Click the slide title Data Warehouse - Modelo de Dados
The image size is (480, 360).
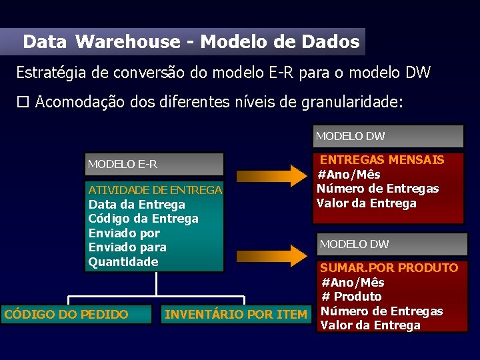[191, 42]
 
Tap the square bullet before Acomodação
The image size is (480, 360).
[23, 102]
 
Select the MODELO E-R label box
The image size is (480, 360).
[155, 164]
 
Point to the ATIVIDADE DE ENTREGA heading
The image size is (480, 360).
[155, 190]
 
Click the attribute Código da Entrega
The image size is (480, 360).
[143, 219]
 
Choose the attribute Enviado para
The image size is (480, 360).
[127, 247]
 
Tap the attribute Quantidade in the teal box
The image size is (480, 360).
[123, 261]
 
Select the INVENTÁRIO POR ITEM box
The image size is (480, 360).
[236, 314]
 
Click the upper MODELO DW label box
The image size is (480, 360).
[389, 136]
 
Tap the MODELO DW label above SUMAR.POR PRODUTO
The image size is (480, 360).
[392, 244]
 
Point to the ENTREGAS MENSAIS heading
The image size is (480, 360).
[382, 160]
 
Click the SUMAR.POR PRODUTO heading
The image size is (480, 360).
[389, 268]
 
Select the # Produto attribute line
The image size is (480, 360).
[351, 297]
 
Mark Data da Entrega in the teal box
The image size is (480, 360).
[137, 205]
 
